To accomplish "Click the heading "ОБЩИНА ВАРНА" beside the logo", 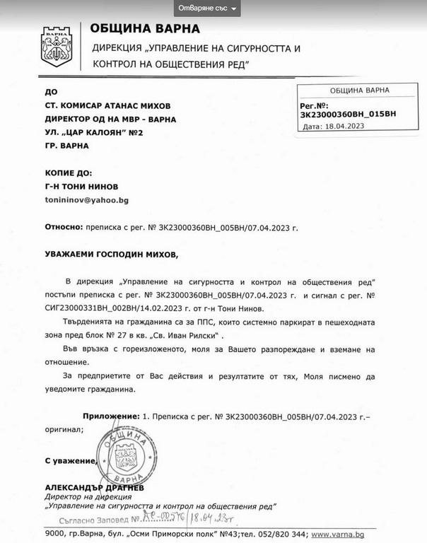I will point(145,29).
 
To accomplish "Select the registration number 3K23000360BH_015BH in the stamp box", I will point(349,113).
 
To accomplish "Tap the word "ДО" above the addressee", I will point(50,92).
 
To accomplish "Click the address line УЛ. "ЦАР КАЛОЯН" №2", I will point(94,132).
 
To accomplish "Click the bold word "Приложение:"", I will point(110,417).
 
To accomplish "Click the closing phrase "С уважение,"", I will point(70,460).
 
